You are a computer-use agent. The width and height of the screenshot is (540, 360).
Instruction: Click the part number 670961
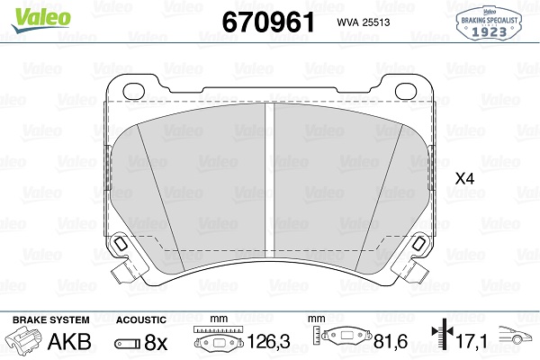coord(268,22)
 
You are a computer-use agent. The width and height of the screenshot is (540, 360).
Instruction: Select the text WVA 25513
coord(364,22)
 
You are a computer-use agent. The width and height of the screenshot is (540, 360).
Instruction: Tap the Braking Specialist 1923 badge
coord(489,23)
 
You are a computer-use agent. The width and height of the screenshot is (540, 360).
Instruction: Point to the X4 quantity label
coord(464,179)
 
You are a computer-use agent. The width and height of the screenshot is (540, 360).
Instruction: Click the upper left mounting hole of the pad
coord(133,91)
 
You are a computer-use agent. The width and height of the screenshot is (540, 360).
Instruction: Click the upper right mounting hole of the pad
coord(406,91)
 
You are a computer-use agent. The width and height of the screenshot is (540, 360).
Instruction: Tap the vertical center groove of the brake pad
coord(269,180)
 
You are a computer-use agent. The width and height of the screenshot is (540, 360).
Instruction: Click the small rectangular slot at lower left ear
coord(121,244)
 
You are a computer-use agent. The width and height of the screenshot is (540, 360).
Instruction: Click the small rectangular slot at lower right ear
coord(419,244)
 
